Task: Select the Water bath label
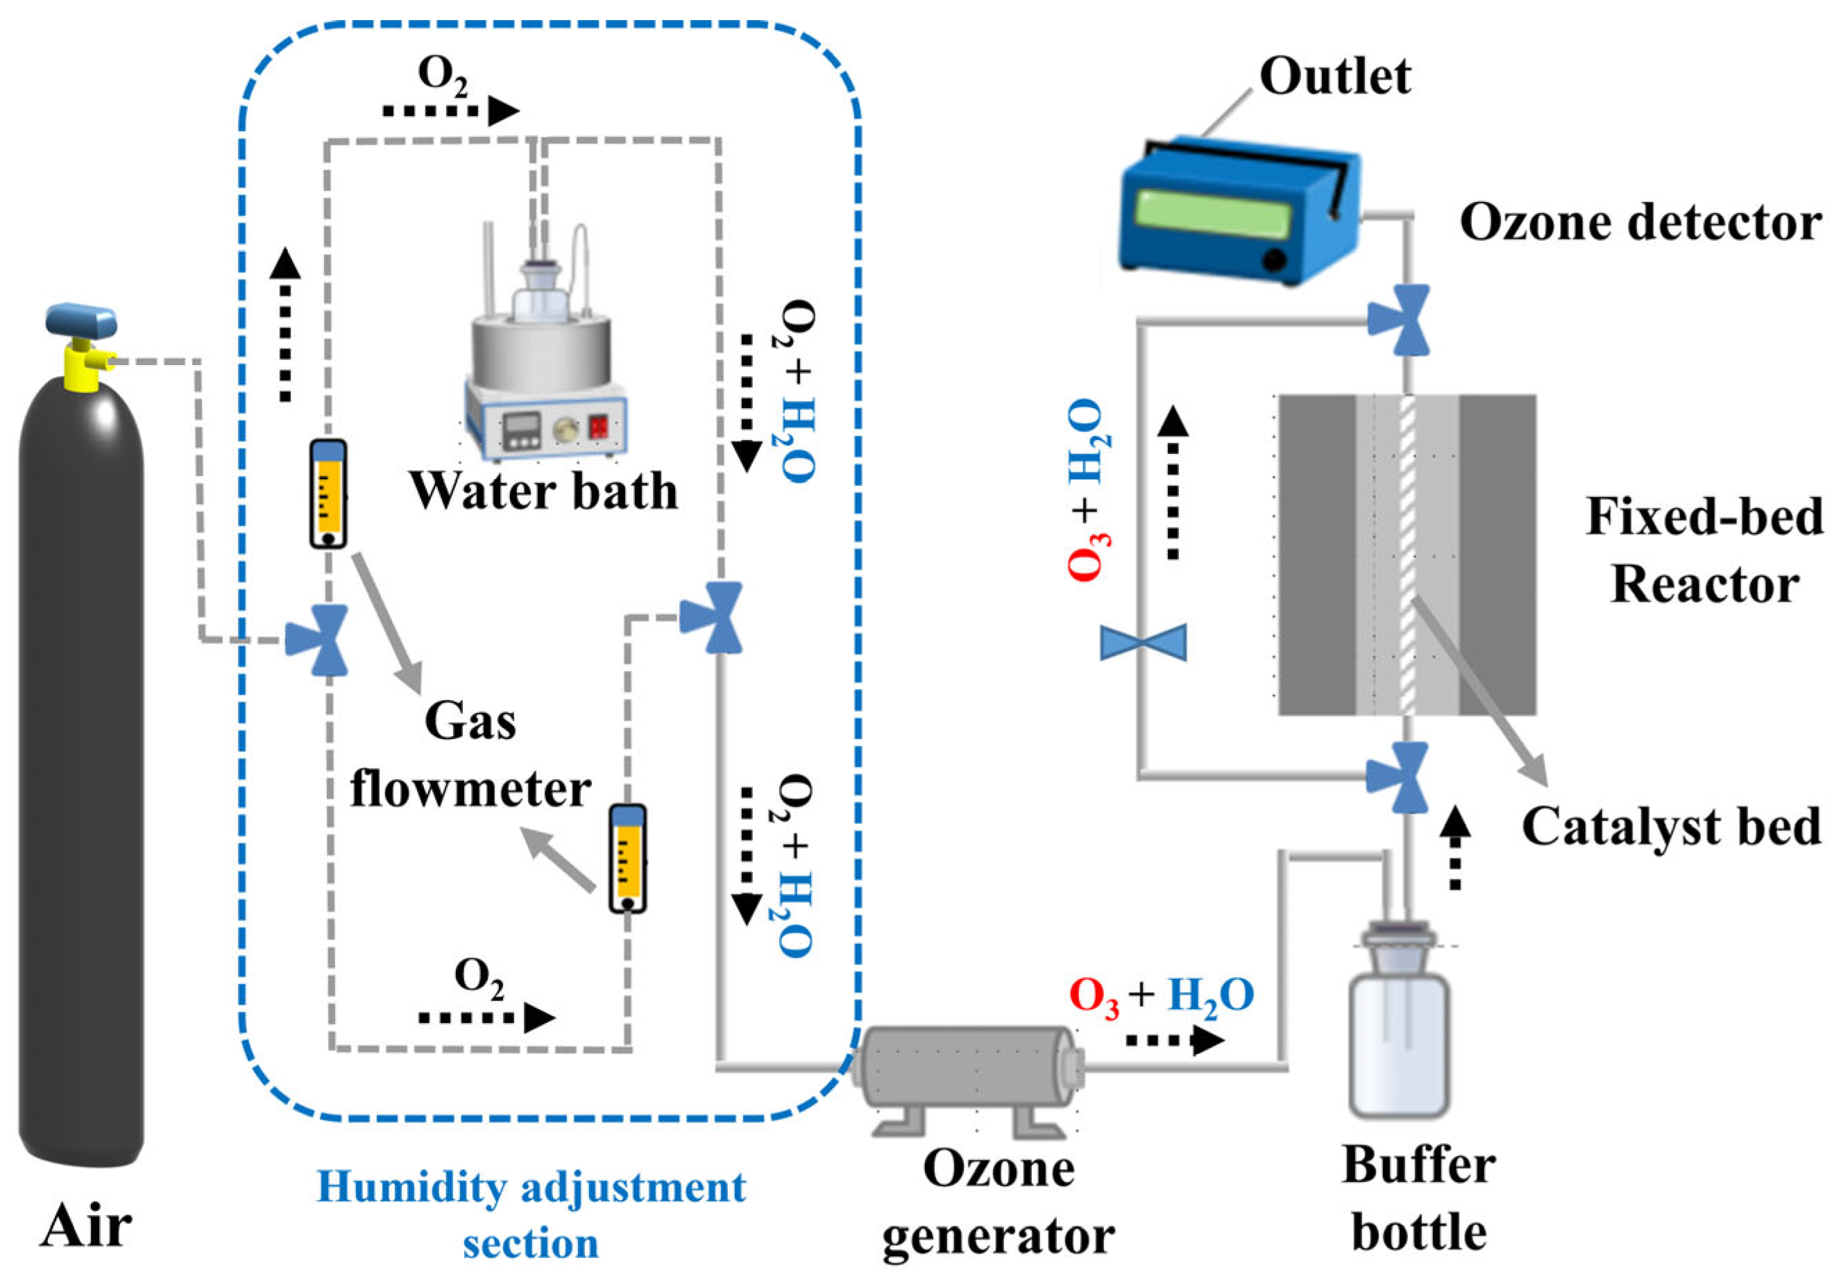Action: tap(543, 490)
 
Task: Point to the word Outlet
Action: tap(1335, 76)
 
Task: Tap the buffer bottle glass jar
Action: tap(1399, 1042)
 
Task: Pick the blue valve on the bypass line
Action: tap(1144, 643)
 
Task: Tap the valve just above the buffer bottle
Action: tap(1398, 777)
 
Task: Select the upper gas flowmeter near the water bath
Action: tap(328, 494)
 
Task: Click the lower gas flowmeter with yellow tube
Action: tap(627, 858)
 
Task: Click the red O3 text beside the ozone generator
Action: tap(1094, 997)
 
